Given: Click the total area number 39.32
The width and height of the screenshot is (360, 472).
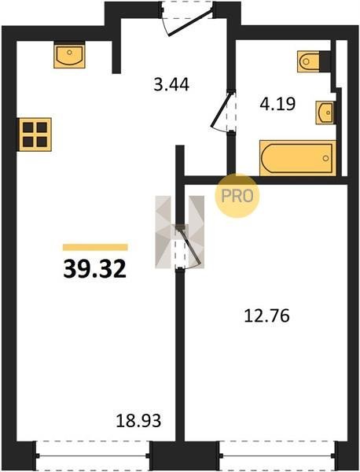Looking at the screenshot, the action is [94, 269].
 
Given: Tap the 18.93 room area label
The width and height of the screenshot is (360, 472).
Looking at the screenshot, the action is [138, 421].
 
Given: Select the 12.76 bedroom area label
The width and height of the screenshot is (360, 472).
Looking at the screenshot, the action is [266, 315].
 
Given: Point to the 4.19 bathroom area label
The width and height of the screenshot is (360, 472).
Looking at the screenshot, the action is [277, 104].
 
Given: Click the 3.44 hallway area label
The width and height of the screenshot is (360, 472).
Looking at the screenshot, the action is [171, 84].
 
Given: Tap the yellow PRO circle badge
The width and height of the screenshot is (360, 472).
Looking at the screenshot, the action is [237, 196].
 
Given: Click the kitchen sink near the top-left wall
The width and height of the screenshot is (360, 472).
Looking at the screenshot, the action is [69, 55].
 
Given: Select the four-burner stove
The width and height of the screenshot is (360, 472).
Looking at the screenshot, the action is [35, 135].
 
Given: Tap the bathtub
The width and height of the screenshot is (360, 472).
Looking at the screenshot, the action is [298, 158].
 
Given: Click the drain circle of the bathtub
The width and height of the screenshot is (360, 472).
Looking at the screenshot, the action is [325, 158].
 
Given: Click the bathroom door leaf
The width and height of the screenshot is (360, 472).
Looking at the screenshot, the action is [222, 110].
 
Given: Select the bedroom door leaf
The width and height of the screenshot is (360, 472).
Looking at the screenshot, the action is [189, 246].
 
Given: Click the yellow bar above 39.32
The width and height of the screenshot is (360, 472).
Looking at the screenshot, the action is [95, 247].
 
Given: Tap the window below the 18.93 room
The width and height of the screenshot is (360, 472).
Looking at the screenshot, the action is [93, 456].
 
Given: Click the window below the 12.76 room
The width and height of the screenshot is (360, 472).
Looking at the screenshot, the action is [277, 456].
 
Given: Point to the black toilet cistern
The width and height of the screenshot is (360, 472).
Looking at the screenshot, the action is [325, 61].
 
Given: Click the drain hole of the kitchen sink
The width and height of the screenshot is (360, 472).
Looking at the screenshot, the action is [69, 53].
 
